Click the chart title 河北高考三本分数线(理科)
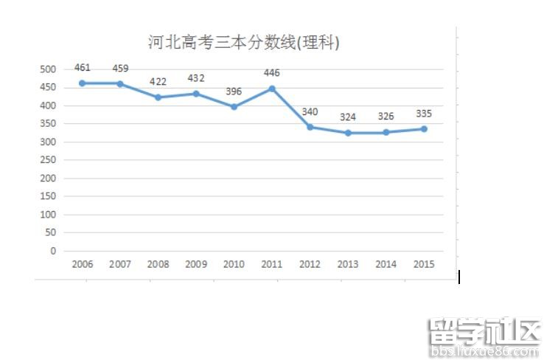click(x=243, y=43)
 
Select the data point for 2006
click(x=83, y=83)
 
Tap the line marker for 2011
click(x=272, y=89)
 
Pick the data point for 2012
click(x=310, y=127)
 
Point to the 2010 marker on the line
click(x=234, y=107)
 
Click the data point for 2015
click(x=424, y=129)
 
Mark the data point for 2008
click(x=158, y=97)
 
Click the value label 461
click(x=83, y=68)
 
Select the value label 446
click(x=272, y=72)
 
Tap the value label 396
click(x=234, y=91)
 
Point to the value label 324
click(x=348, y=117)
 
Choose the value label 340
click(x=310, y=112)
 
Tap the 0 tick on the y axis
click(x=53, y=251)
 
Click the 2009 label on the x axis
click(x=196, y=265)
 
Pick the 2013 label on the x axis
click(x=348, y=265)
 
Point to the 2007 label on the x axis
click(x=120, y=265)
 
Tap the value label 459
click(x=120, y=69)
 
